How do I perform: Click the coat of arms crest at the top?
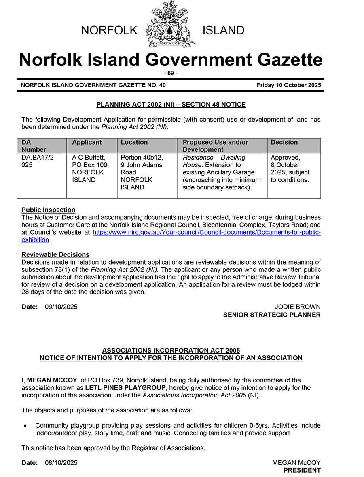[x=170, y=24]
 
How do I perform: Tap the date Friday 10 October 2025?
[x=288, y=85]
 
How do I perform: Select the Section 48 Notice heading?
[x=171, y=105]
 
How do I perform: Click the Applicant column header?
[x=87, y=142]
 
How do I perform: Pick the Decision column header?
[x=284, y=142]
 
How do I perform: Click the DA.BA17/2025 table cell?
[x=38, y=161]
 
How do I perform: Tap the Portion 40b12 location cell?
[x=142, y=172]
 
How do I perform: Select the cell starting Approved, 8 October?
[x=290, y=168]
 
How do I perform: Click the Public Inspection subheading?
[x=48, y=210]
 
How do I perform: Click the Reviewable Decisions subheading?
[x=55, y=254]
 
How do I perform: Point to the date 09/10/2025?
[x=61, y=307]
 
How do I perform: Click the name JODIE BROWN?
[x=297, y=307]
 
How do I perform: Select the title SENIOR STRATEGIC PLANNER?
[x=272, y=315]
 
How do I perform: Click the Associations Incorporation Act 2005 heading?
[x=171, y=350]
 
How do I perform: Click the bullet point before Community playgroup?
[x=25, y=426]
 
